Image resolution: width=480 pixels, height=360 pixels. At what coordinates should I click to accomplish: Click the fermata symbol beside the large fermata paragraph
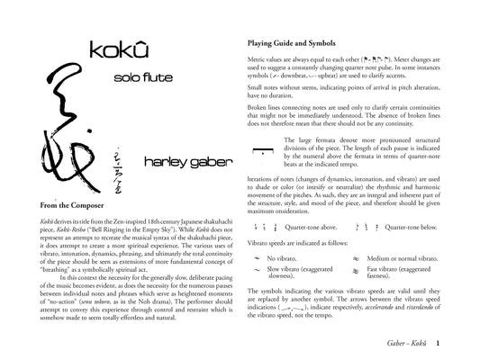(x=261, y=149)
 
